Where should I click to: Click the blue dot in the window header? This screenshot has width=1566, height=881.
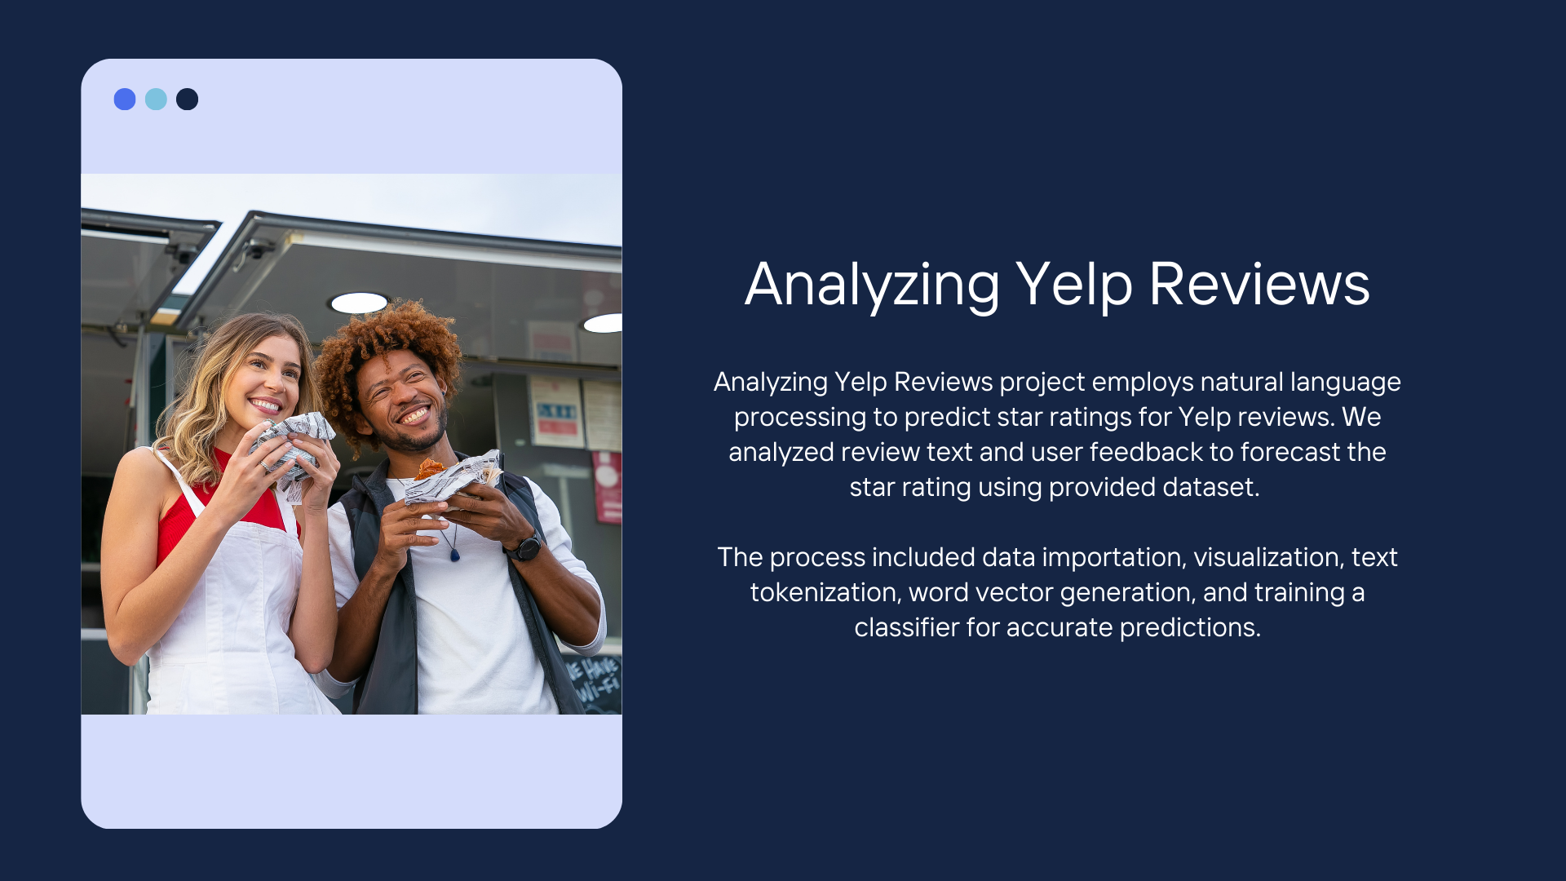125,100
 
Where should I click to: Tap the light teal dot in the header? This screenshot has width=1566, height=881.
156,100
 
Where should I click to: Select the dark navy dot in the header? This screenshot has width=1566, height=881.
187,100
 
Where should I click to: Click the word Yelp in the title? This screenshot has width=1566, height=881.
1074,286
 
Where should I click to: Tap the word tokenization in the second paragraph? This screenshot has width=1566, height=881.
824,592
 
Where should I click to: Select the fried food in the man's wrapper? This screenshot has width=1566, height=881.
429,469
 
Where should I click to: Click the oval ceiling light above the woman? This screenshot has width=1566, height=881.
359,303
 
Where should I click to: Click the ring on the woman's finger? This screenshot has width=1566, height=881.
264,466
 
